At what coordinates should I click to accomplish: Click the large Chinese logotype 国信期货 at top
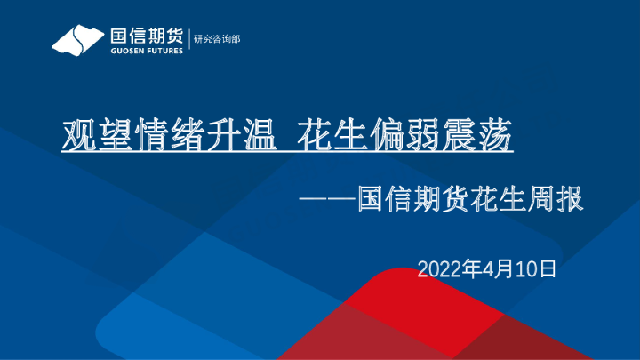[146, 36]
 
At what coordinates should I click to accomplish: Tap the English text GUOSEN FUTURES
[146, 51]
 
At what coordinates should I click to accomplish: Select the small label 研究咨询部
[217, 40]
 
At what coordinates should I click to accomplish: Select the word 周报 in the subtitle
[556, 199]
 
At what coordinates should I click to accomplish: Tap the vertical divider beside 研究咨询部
[188, 40]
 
